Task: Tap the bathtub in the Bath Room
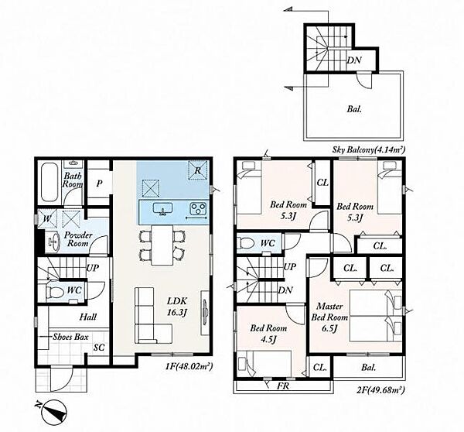coord(49,183)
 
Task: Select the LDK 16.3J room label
coord(177,307)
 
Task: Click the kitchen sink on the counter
coord(162,208)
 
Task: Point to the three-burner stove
coord(198,207)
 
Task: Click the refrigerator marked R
coord(197,170)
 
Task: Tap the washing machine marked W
coord(47,219)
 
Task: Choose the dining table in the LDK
coord(162,245)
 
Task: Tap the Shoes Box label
coord(70,337)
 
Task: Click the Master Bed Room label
coord(329,317)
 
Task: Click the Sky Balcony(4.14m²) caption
coord(368,149)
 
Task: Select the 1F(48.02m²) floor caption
coord(189,366)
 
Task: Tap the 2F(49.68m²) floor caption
coord(381,390)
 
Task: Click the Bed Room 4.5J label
coord(268,334)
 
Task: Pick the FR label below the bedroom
coord(282,386)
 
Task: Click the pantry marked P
coord(99,183)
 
